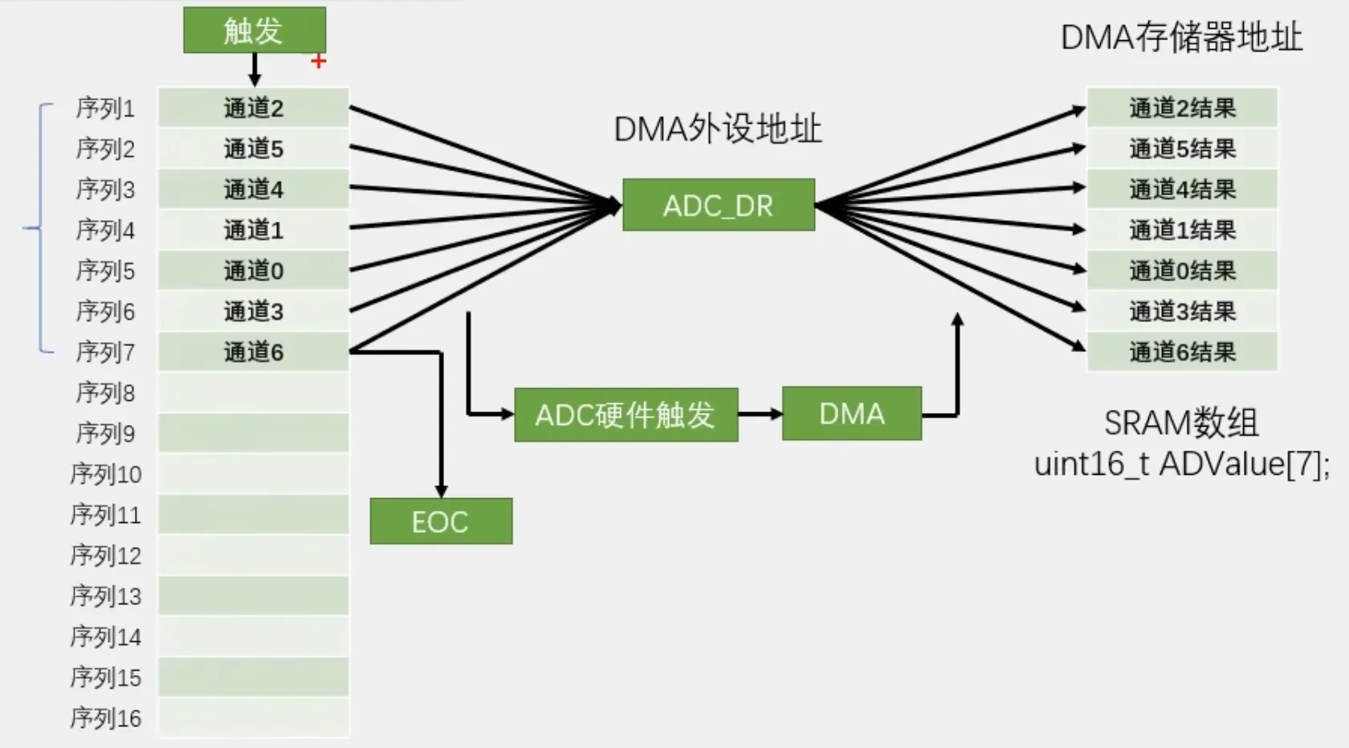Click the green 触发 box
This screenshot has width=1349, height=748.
[255, 31]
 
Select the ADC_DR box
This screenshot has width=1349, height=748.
[719, 205]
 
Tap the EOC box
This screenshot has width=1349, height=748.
[441, 521]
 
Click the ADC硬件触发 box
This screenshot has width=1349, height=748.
[626, 415]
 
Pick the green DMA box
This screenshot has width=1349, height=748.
[851, 414]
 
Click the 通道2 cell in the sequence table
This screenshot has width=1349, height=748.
[254, 108]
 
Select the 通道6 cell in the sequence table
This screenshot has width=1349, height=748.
[254, 351]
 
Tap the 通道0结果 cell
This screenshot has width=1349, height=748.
[1182, 271]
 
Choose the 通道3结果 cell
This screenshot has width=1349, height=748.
[1182, 311]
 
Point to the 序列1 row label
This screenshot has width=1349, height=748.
[104, 108]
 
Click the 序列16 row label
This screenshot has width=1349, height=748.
[105, 717]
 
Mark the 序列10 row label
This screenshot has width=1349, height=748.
[105, 474]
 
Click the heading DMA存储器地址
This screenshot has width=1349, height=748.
[1182, 38]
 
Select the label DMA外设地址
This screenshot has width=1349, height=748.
[718, 129]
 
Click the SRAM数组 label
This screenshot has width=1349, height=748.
[1181, 423]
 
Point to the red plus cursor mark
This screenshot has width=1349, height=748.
[319, 61]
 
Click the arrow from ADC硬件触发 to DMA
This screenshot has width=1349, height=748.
[760, 414]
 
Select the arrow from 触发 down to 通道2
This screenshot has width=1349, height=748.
[255, 70]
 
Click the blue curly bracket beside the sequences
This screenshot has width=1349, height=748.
[40, 228]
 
